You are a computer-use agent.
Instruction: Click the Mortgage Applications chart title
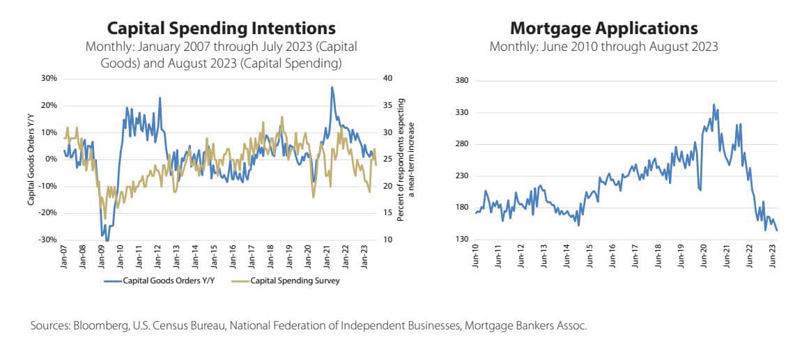point(604,29)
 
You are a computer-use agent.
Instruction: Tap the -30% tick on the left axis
point(47,240)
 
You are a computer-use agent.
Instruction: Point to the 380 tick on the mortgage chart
point(461,81)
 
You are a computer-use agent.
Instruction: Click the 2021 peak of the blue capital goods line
point(332,87)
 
